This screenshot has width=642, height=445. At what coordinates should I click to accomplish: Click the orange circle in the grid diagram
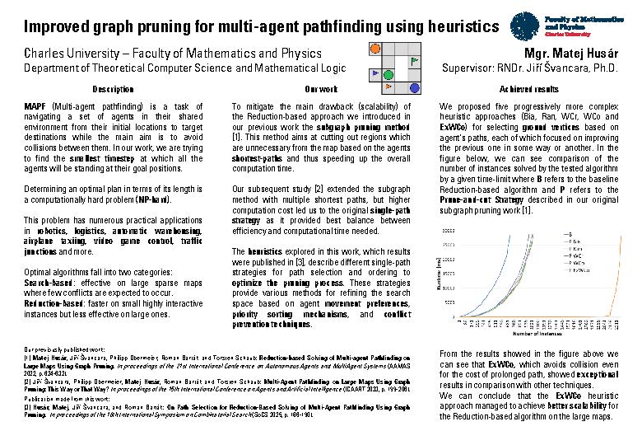374,49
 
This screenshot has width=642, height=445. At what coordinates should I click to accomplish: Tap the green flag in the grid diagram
414,60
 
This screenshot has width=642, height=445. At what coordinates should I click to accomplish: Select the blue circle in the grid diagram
414,85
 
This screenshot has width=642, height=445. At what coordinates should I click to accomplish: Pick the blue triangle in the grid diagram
375,73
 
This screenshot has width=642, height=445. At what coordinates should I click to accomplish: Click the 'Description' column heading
113,89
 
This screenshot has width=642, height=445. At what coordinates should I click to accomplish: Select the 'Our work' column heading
321,89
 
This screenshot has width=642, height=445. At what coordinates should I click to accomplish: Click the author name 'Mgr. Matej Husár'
571,54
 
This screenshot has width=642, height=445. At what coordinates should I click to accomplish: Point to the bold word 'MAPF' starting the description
35,107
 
